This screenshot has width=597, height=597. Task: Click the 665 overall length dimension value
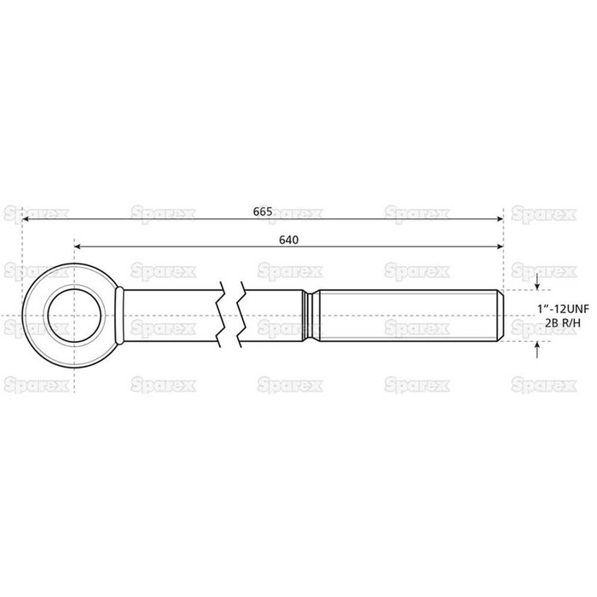tap(264, 211)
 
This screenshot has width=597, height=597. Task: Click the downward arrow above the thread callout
tap(536, 284)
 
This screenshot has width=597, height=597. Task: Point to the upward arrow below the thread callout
tap(536, 347)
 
